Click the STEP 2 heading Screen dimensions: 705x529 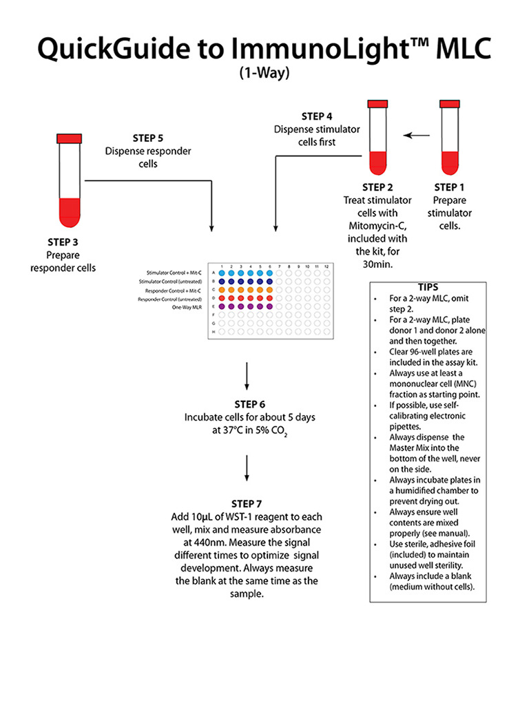(x=377, y=187)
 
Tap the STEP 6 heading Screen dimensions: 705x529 (x=247, y=404)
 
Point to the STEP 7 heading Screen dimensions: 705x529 (x=247, y=504)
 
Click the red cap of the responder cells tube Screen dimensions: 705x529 (x=69, y=138)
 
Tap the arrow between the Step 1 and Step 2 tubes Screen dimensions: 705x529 (x=415, y=136)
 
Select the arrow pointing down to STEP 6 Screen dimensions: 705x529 (x=247, y=377)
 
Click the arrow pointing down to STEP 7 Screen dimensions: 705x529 (x=247, y=470)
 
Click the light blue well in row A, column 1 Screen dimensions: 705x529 (x=222, y=273)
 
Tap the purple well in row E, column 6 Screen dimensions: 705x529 (x=269, y=306)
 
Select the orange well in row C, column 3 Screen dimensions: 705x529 (x=241, y=290)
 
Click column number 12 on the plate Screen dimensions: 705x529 (x=326, y=266)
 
